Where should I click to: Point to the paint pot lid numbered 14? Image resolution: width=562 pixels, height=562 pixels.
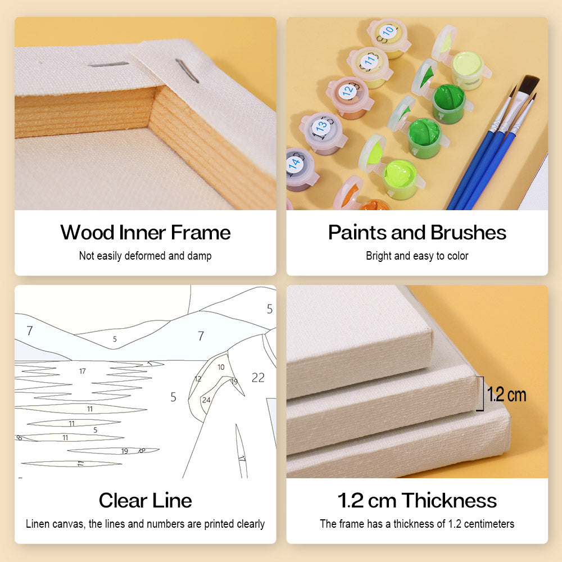coord(296,164)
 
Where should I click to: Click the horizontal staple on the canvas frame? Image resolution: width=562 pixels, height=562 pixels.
coord(108,65)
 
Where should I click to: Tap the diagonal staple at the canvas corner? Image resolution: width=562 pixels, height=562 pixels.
coord(187,71)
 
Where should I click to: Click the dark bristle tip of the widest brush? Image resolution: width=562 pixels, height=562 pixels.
coord(529,84)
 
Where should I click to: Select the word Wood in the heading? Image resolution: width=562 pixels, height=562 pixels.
coord(87,233)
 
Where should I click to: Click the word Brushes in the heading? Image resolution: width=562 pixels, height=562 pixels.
coord(469,233)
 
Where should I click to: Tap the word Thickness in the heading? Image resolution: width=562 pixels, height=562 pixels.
coord(449,501)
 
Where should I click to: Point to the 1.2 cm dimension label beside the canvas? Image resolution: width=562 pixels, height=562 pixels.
coord(506,395)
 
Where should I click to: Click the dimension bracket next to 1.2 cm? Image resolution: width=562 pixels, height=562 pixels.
coord(483,393)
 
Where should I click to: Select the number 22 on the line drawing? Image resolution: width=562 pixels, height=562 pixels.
coord(258,378)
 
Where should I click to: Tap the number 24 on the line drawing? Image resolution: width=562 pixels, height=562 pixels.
coord(206,400)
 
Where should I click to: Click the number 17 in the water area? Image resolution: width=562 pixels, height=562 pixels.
coord(83,371)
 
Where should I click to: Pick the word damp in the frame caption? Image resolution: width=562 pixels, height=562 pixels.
coord(200,256)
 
